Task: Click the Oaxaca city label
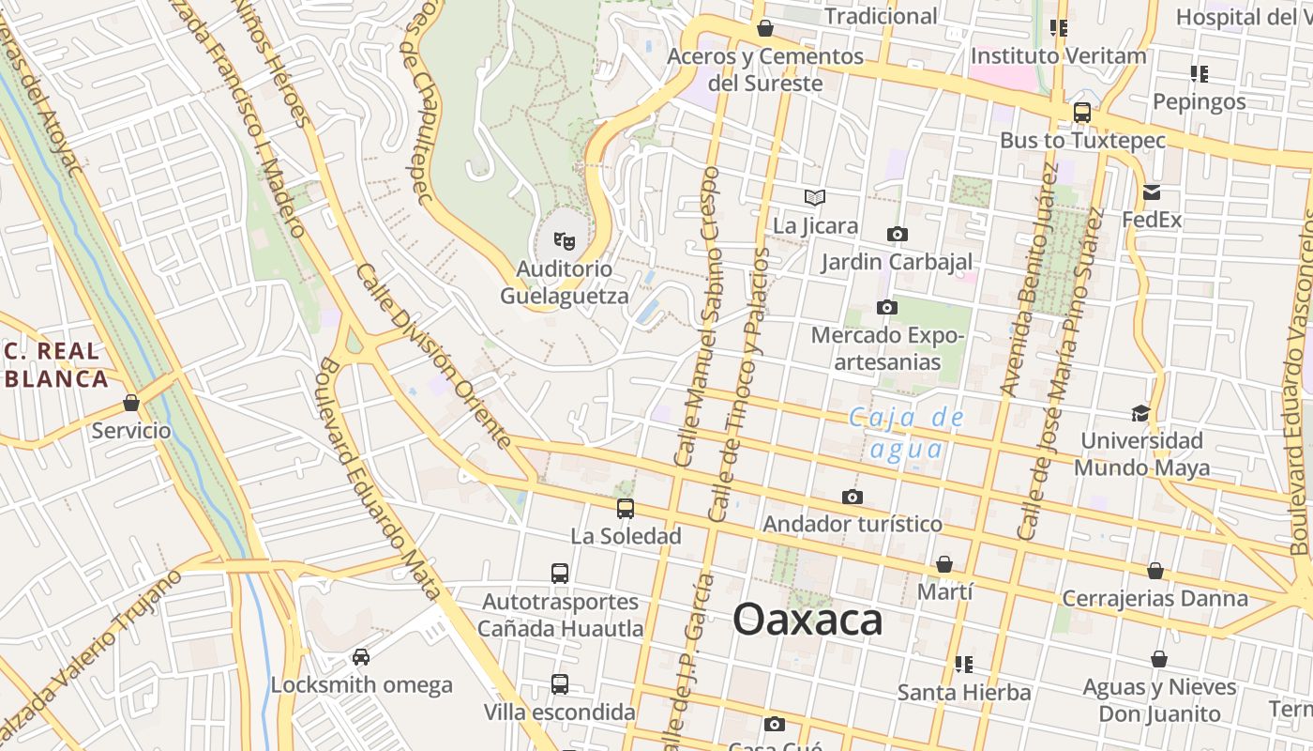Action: pos(807,620)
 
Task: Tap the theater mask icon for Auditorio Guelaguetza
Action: pos(564,242)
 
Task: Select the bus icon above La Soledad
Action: pos(626,509)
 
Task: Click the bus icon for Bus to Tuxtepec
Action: pos(1081,113)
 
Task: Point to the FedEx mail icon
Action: pos(1152,193)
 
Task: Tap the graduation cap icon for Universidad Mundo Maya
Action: pos(1140,413)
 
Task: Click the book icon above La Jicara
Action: pos(815,198)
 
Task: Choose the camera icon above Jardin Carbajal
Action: pos(898,234)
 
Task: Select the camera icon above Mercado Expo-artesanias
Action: pos(886,307)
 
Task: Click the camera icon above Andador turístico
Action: pos(852,497)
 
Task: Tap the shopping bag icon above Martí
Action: pos(944,564)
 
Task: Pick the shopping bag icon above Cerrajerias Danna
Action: pos(1155,571)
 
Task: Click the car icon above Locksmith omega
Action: pos(361,657)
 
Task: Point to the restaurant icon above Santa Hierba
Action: pos(963,665)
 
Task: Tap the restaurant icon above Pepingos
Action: pos(1199,73)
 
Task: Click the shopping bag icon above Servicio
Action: pos(131,404)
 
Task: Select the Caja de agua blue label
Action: pos(906,433)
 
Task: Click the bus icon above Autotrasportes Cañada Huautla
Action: pos(560,574)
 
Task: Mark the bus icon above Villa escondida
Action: pos(560,684)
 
